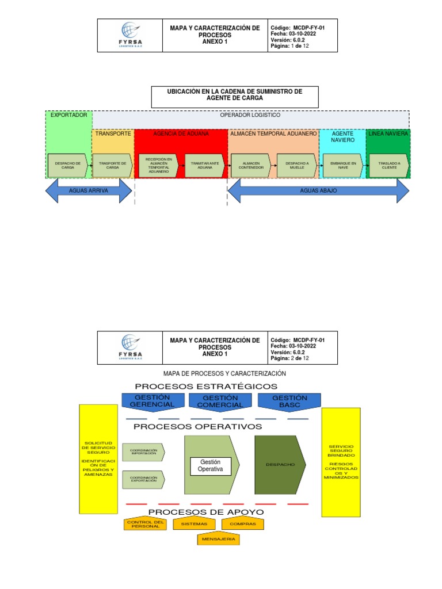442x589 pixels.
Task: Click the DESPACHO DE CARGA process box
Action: tap(67, 166)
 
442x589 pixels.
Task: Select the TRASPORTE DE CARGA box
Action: tap(113, 166)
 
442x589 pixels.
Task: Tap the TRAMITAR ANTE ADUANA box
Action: tap(205, 166)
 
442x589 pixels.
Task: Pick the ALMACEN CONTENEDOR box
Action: tap(250, 166)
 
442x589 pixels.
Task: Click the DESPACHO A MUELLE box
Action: tap(297, 166)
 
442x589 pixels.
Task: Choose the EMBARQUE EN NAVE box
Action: tap(343, 166)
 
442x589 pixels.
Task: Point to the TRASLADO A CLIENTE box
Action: tap(390, 166)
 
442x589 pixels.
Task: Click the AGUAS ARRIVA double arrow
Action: tap(89, 190)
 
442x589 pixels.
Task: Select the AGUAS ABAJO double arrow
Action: tap(318, 190)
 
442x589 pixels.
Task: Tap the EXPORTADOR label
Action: tap(68, 115)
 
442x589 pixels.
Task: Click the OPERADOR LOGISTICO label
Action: tap(250, 115)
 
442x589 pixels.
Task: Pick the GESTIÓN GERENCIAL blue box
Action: tap(153, 401)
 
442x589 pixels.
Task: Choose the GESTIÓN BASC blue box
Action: tap(289, 401)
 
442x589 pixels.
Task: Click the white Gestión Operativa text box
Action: tap(210, 466)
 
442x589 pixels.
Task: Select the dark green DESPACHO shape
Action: tap(280, 464)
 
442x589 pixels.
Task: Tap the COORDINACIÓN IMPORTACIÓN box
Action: tap(144, 452)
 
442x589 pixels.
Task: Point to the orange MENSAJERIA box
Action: tap(218, 540)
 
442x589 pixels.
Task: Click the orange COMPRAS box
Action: tap(242, 524)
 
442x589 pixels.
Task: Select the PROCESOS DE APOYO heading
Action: tap(206, 512)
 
